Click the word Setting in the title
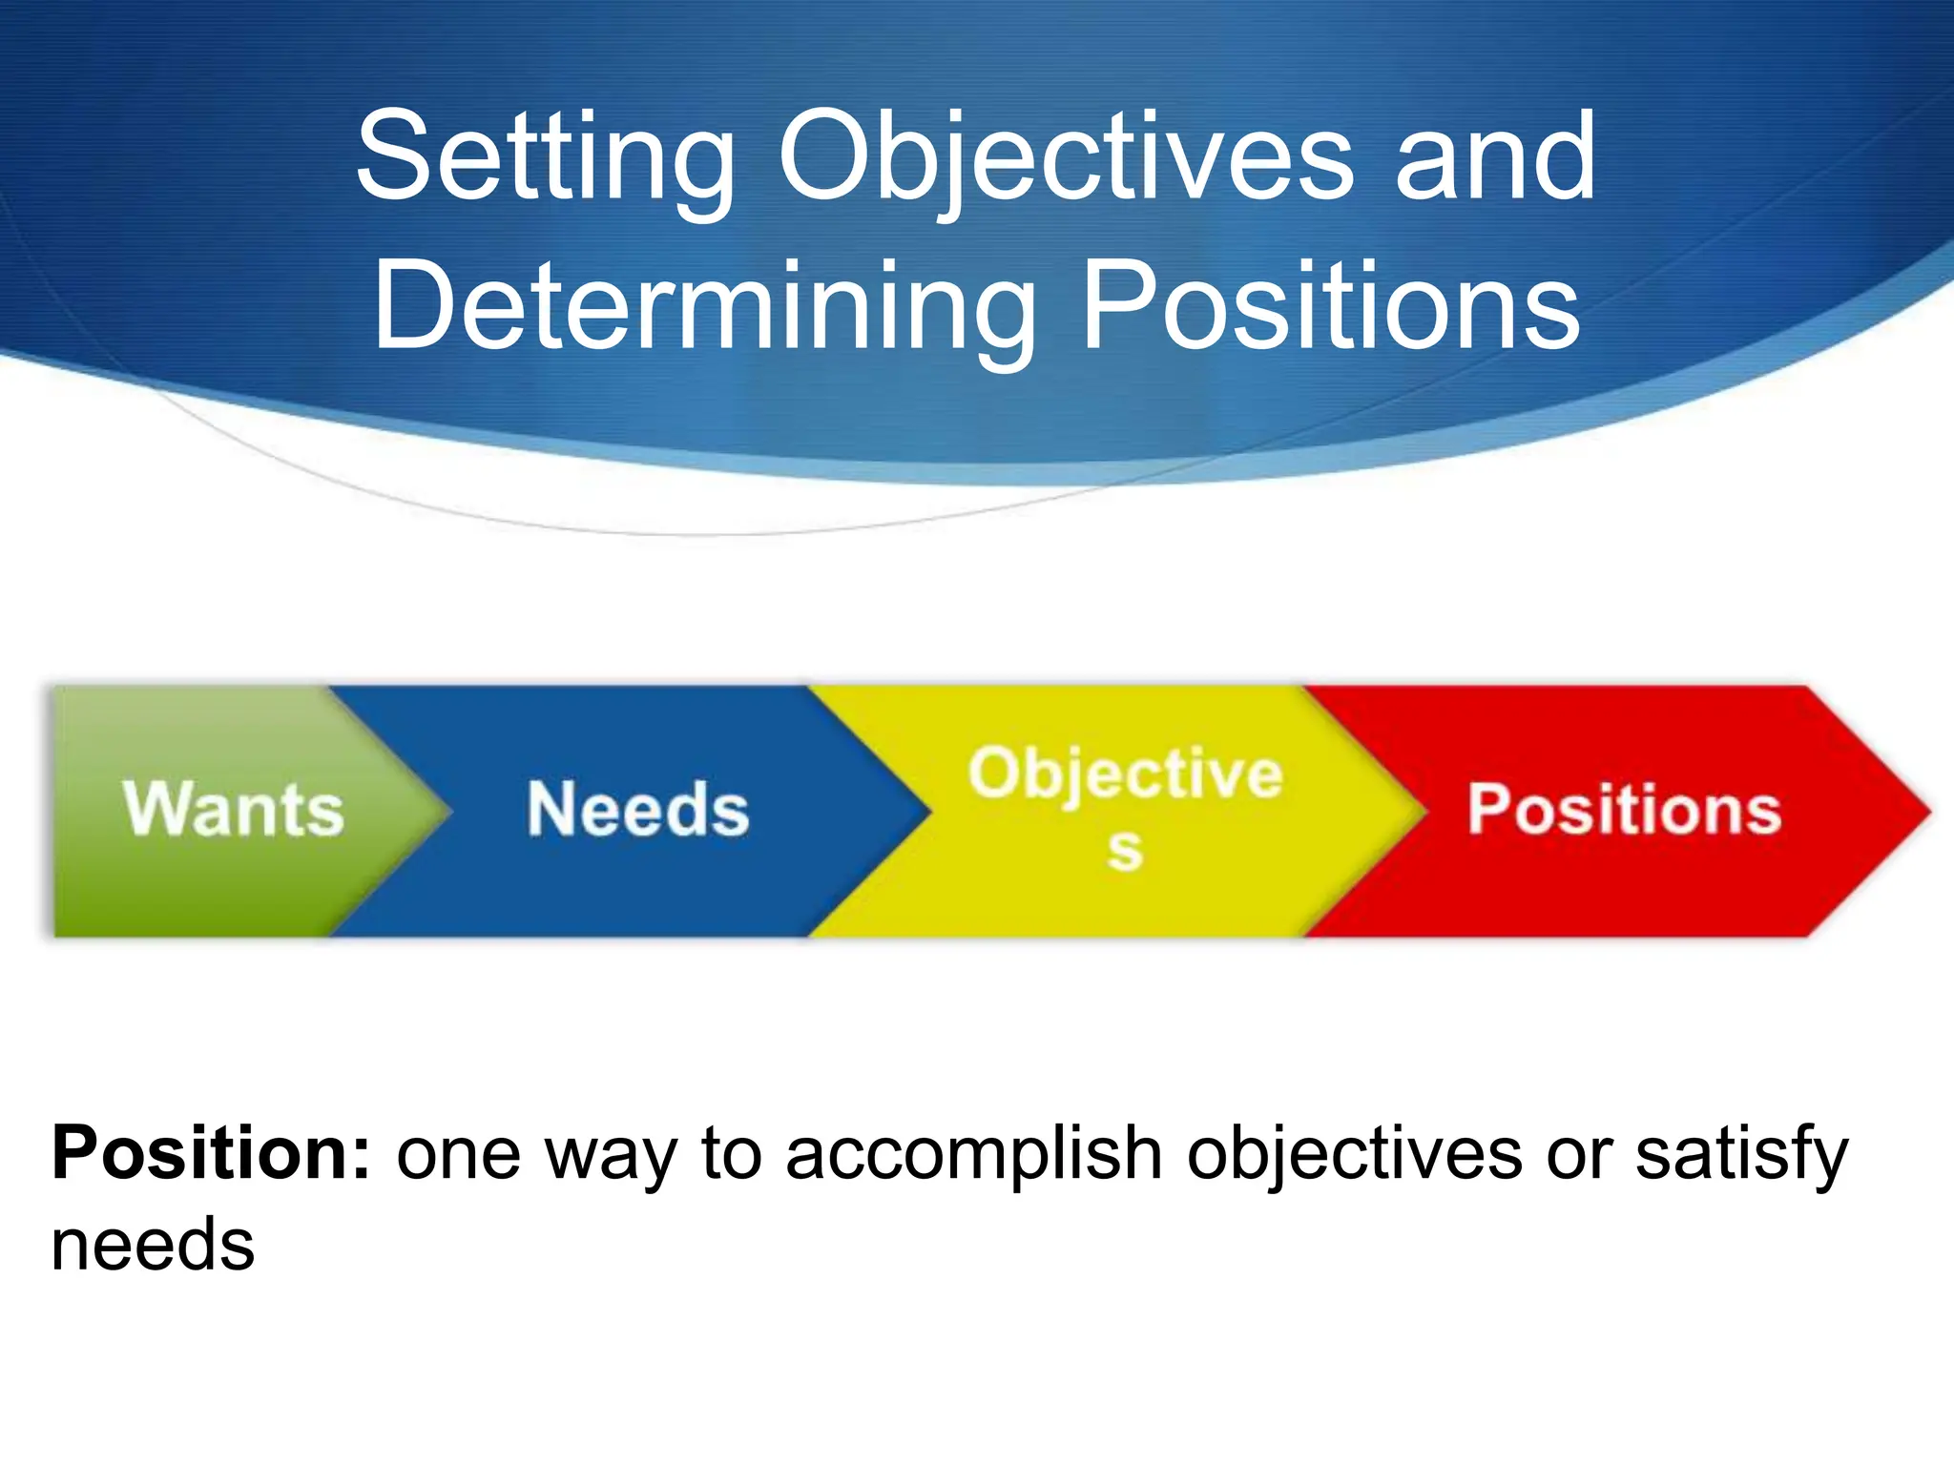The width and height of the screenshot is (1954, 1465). click(x=545, y=157)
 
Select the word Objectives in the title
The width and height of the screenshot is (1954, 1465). click(x=1065, y=157)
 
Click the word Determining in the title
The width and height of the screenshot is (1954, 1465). click(x=704, y=307)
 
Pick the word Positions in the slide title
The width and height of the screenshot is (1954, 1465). click(x=1331, y=307)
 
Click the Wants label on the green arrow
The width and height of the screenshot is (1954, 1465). click(x=233, y=810)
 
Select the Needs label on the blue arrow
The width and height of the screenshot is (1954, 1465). click(x=637, y=810)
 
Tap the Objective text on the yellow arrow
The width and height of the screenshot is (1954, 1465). click(x=1125, y=774)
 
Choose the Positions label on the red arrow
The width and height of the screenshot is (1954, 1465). click(x=1624, y=810)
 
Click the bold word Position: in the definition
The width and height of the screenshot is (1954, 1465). click(x=211, y=1154)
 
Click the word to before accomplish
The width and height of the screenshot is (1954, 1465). click(x=732, y=1154)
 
